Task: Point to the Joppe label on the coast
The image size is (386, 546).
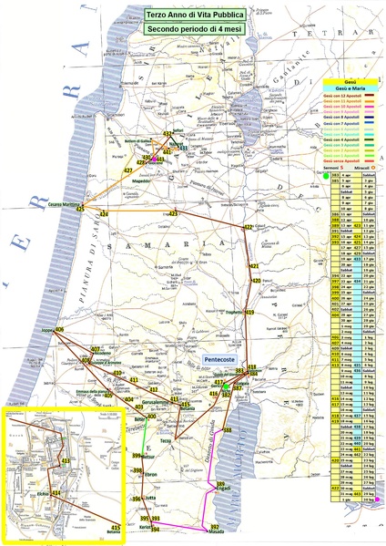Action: (x=49, y=329)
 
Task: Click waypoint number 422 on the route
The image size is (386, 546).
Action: (x=248, y=228)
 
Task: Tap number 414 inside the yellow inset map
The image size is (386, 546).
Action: (x=56, y=493)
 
